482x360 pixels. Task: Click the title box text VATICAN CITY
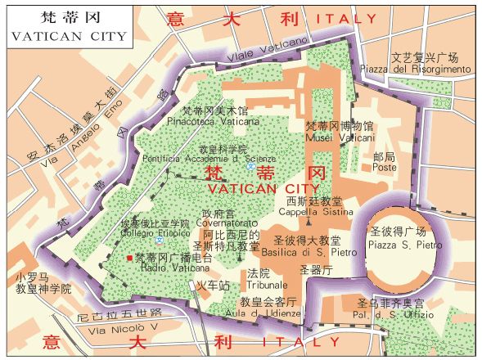(x=69, y=36)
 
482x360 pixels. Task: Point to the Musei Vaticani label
(x=339, y=138)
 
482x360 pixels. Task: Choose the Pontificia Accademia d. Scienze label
(x=208, y=160)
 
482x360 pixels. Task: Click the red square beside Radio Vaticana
(x=129, y=258)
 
